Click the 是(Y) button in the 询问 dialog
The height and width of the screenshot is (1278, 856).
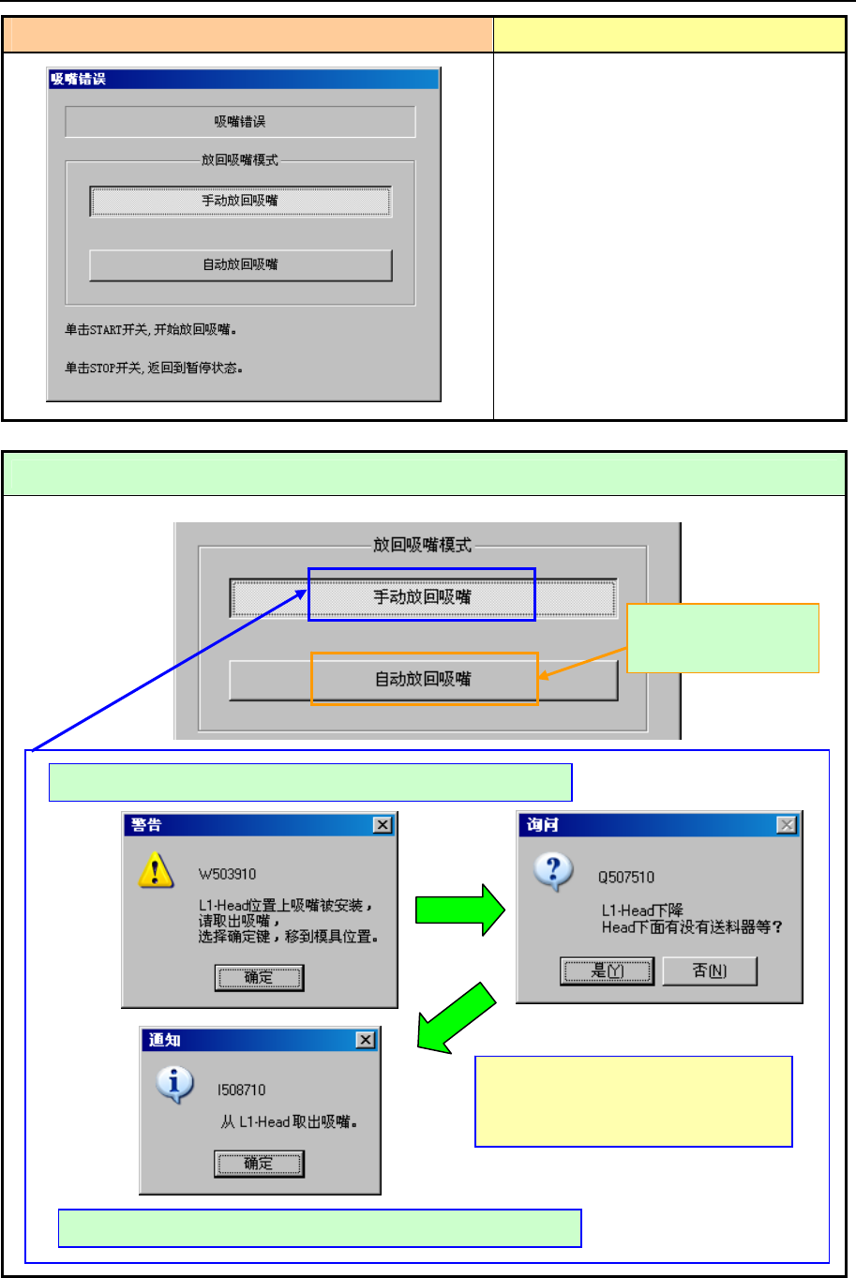[x=607, y=971]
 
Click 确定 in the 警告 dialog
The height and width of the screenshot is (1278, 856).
[x=259, y=978]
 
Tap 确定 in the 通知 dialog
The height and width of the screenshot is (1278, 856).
[x=258, y=1164]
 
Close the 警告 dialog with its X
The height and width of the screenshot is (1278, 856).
[x=383, y=825]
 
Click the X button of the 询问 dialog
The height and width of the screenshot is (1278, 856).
[x=787, y=825]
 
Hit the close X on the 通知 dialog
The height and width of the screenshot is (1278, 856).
[x=366, y=1040]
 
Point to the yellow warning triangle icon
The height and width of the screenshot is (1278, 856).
[x=155, y=870]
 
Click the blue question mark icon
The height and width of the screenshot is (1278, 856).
[x=553, y=872]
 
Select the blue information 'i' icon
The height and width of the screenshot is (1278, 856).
[x=174, y=1085]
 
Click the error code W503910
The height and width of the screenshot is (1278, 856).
[x=227, y=875]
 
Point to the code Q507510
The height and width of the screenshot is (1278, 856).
[x=626, y=878]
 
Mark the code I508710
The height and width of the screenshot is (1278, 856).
[x=241, y=1090]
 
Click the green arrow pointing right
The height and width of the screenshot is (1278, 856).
[x=459, y=910]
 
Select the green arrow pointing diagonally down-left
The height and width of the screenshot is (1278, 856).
[x=456, y=1019]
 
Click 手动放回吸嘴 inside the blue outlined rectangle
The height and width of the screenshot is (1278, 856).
[x=422, y=596]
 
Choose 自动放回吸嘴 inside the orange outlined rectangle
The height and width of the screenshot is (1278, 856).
[x=424, y=679]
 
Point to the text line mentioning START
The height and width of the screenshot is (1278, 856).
[x=150, y=330]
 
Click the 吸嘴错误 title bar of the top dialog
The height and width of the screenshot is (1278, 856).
[x=244, y=80]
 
